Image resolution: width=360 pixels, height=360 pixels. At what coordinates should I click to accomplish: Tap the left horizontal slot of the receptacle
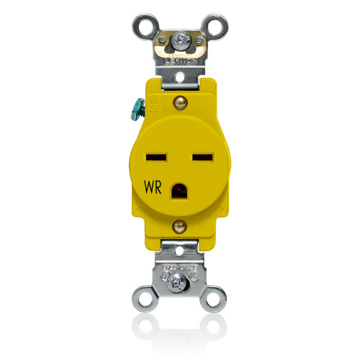[x=155, y=155]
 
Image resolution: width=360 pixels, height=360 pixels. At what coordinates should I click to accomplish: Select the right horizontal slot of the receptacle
[x=201, y=155]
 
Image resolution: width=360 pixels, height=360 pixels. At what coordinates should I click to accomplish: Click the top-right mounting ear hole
[x=215, y=27]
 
